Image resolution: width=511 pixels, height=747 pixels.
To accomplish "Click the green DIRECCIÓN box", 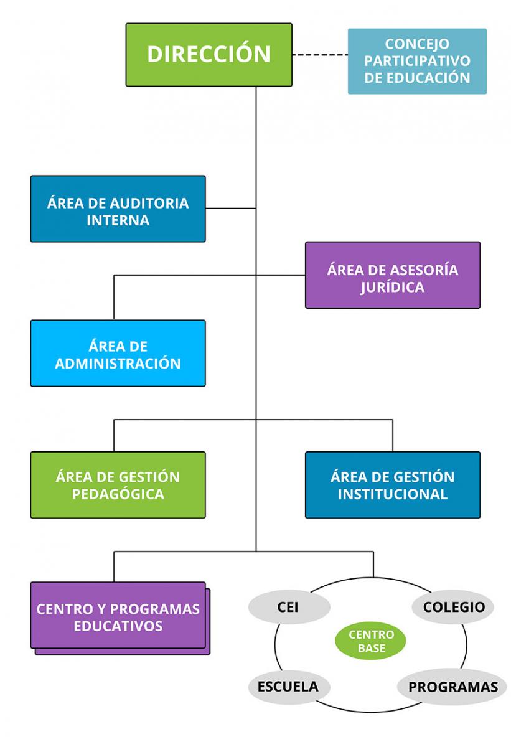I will (209, 54).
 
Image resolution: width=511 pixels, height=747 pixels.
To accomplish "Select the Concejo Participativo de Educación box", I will (417, 61).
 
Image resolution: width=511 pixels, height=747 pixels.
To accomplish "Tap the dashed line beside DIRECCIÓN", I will (319, 55).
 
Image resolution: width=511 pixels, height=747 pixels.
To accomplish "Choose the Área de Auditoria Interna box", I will (118, 209).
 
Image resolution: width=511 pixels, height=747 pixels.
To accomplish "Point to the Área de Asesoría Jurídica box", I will (392, 275).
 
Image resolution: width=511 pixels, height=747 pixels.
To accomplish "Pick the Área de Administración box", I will (118, 353).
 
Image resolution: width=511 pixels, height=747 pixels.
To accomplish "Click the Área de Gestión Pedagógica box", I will (118, 485).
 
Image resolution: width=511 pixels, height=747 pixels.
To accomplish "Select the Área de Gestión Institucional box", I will (392, 485).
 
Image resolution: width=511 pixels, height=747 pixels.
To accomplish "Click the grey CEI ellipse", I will (288, 607).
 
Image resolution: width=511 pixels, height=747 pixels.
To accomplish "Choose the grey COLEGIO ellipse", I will (454, 607).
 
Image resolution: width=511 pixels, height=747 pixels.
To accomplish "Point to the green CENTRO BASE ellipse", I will (371, 641).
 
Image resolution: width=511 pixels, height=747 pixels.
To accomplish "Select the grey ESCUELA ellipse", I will (288, 687).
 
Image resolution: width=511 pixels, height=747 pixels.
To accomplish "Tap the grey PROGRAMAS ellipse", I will (452, 687).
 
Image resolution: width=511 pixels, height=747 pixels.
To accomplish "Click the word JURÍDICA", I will (392, 287).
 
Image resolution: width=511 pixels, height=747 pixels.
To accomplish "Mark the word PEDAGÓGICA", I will (118, 494).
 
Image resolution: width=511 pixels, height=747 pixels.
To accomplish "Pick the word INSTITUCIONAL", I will (392, 494).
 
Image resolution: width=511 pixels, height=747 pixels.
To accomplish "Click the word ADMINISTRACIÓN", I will (118, 364).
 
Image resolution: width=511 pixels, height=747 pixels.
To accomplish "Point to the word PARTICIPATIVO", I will (417, 61).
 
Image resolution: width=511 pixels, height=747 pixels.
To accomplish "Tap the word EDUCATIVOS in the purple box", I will (118, 626).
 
